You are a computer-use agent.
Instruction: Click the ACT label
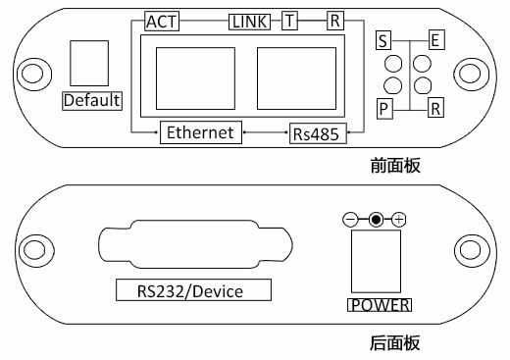[x=162, y=22]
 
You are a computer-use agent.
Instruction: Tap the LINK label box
[x=249, y=22]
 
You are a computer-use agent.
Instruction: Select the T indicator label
[x=289, y=21]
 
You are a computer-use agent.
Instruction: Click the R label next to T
[x=335, y=21]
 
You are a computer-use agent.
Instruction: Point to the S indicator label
[x=383, y=40]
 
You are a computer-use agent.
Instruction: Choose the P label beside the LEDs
[x=384, y=109]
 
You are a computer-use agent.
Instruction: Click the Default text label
[x=92, y=101]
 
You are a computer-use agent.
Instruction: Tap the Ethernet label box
[x=201, y=132]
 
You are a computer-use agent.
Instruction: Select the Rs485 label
[x=318, y=133]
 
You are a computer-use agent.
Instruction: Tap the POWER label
[x=380, y=305]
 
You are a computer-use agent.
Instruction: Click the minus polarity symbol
[x=350, y=220]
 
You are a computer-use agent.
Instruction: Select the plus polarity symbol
[x=398, y=220]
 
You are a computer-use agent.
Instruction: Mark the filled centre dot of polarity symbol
[x=376, y=220]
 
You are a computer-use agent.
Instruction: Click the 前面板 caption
[x=395, y=166]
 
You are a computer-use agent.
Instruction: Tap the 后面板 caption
[x=395, y=343]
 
